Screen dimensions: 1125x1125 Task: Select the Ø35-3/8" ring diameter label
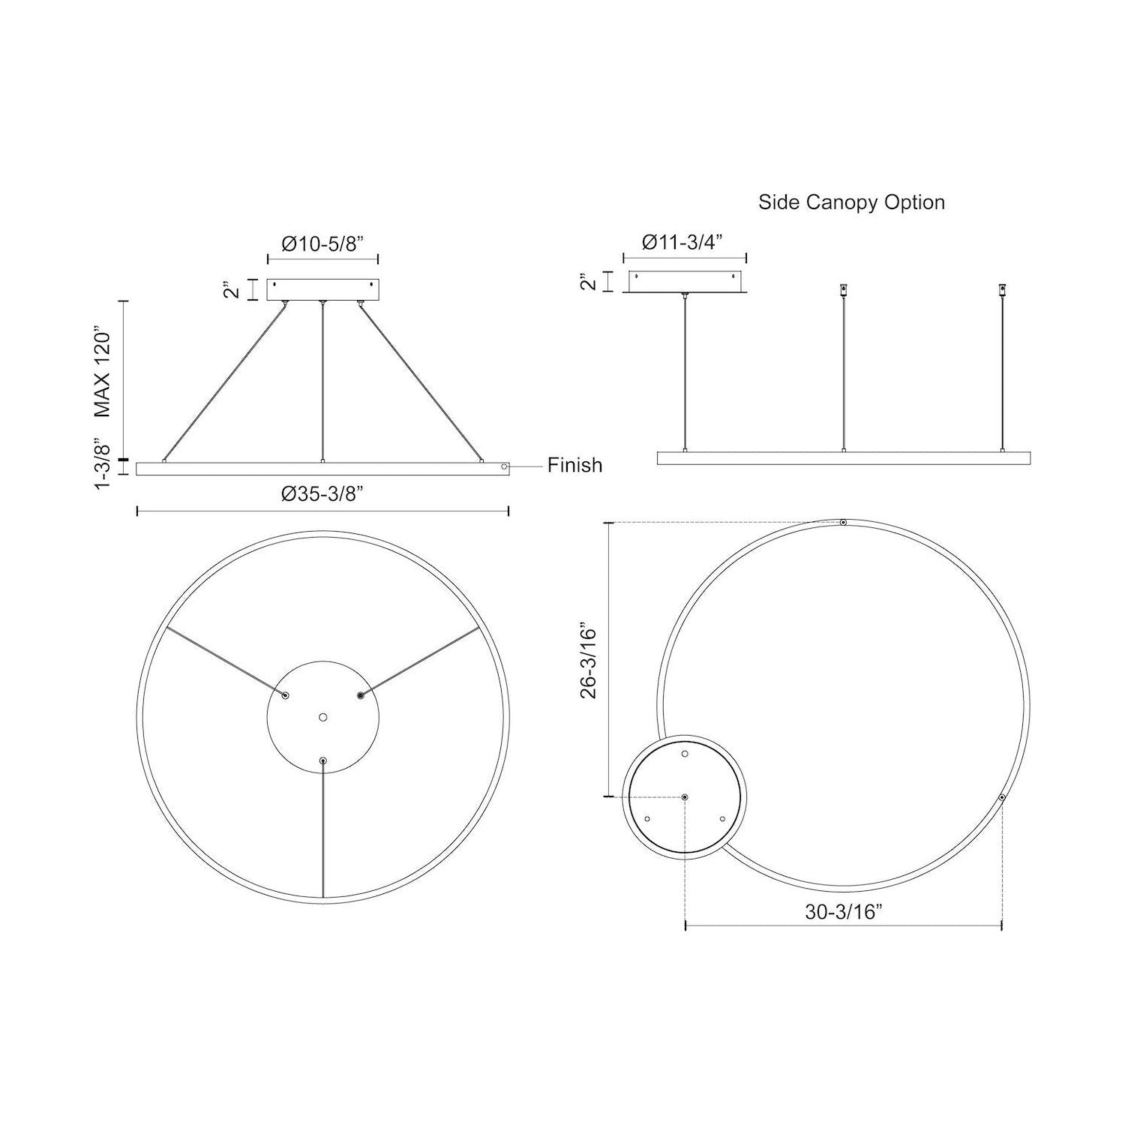(322, 493)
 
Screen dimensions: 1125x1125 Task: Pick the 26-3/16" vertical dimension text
(589, 660)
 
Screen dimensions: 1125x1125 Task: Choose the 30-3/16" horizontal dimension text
(844, 911)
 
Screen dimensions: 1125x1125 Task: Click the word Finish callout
(574, 465)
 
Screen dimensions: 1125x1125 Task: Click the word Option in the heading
(916, 202)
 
